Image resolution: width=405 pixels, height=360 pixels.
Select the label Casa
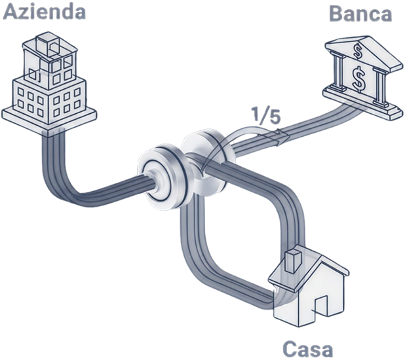click(x=307, y=348)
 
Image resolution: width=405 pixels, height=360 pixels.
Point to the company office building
click(x=52, y=82)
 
